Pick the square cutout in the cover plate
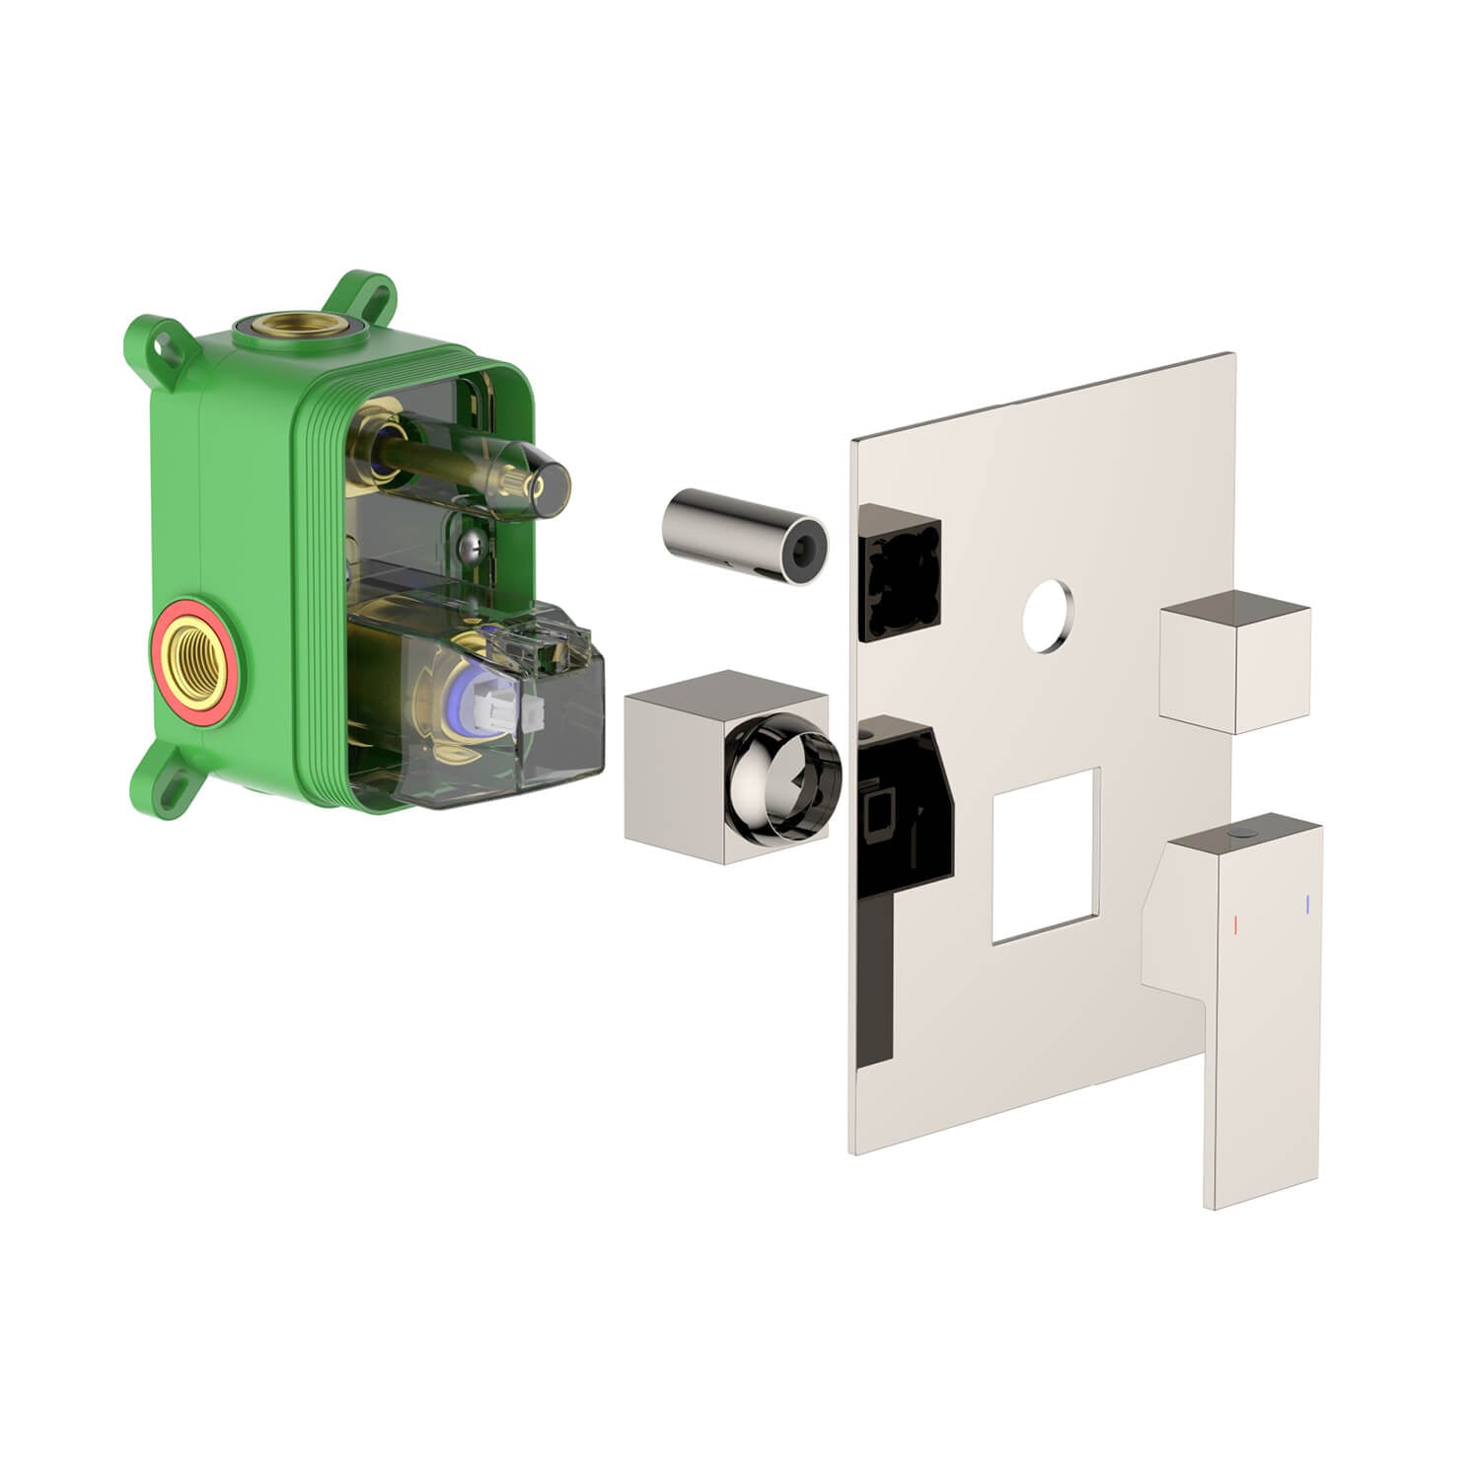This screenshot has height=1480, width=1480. [1046, 853]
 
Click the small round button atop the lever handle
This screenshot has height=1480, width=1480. [1246, 836]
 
